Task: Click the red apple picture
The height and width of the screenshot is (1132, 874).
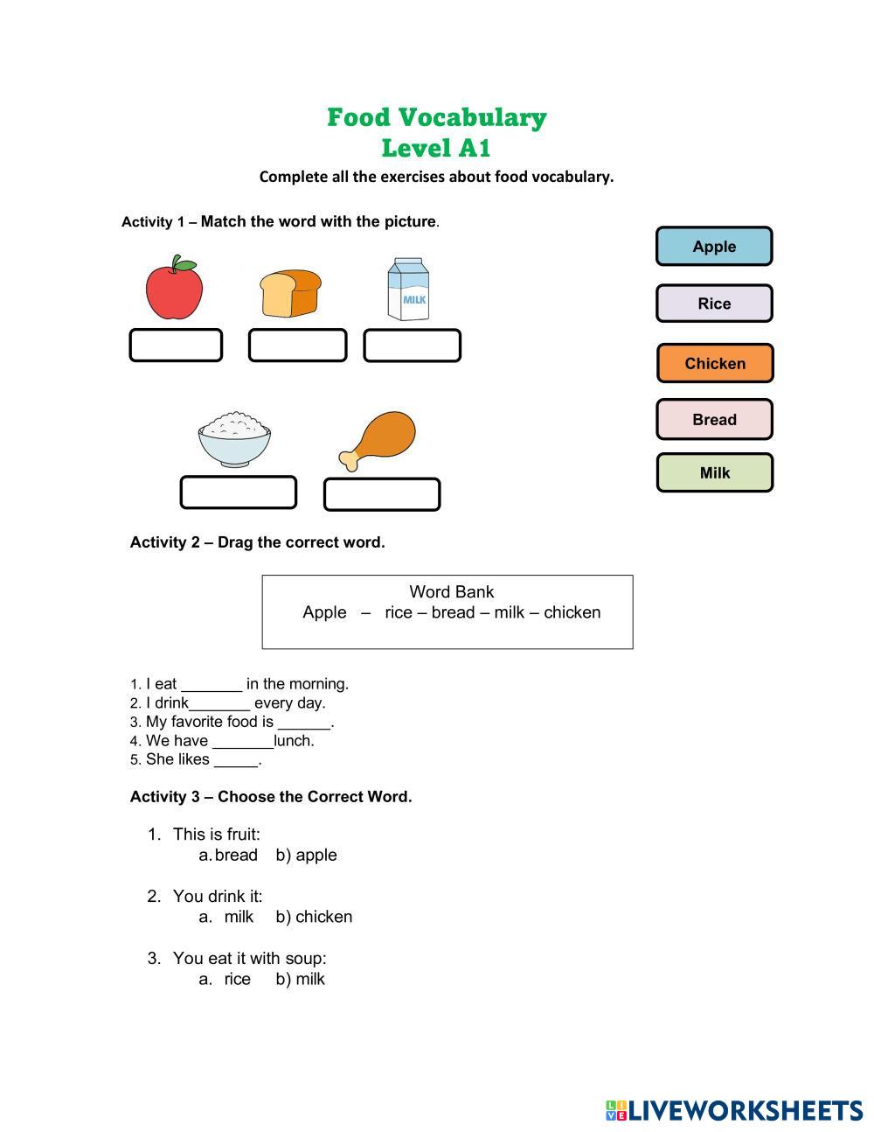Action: click(174, 289)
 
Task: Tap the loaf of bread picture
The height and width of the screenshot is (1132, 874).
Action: click(290, 294)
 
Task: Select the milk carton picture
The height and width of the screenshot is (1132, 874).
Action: click(408, 290)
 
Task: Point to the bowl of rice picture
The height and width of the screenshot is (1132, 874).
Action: click(234, 439)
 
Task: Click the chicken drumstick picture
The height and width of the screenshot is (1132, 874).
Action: click(378, 440)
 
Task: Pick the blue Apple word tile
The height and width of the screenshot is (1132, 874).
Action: click(714, 247)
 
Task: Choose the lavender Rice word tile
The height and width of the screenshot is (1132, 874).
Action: click(714, 304)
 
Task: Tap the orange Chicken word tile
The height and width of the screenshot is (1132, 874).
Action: click(715, 363)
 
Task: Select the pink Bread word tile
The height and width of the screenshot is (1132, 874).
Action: click(714, 420)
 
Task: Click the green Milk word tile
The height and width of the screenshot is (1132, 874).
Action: click(714, 473)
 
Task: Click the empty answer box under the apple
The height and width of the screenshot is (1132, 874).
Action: click(176, 346)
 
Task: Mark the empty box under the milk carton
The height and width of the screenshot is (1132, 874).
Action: click(412, 346)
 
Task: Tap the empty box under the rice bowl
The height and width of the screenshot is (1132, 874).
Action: click(238, 493)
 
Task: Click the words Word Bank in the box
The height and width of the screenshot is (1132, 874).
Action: click(451, 592)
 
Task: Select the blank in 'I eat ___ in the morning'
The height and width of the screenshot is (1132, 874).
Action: click(212, 685)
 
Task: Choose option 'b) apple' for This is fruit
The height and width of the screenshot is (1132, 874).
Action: click(306, 856)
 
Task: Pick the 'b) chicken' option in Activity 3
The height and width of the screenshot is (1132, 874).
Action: click(314, 918)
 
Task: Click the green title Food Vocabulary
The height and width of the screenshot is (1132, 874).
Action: click(437, 117)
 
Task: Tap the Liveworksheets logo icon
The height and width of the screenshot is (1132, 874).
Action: click(616, 1111)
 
